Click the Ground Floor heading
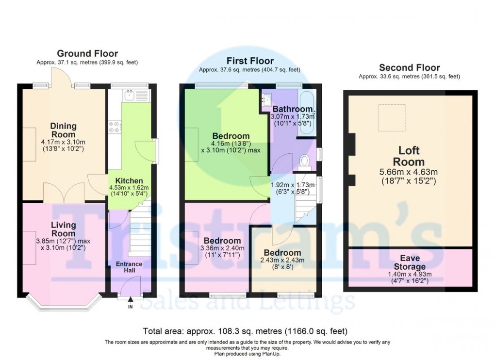point(87,53)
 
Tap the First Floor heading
point(249,61)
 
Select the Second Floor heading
point(409,67)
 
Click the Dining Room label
point(63,130)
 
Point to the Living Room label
point(63,229)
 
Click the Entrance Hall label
point(129,267)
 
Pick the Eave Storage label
point(409,262)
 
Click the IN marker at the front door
point(130,307)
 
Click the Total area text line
point(245,331)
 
